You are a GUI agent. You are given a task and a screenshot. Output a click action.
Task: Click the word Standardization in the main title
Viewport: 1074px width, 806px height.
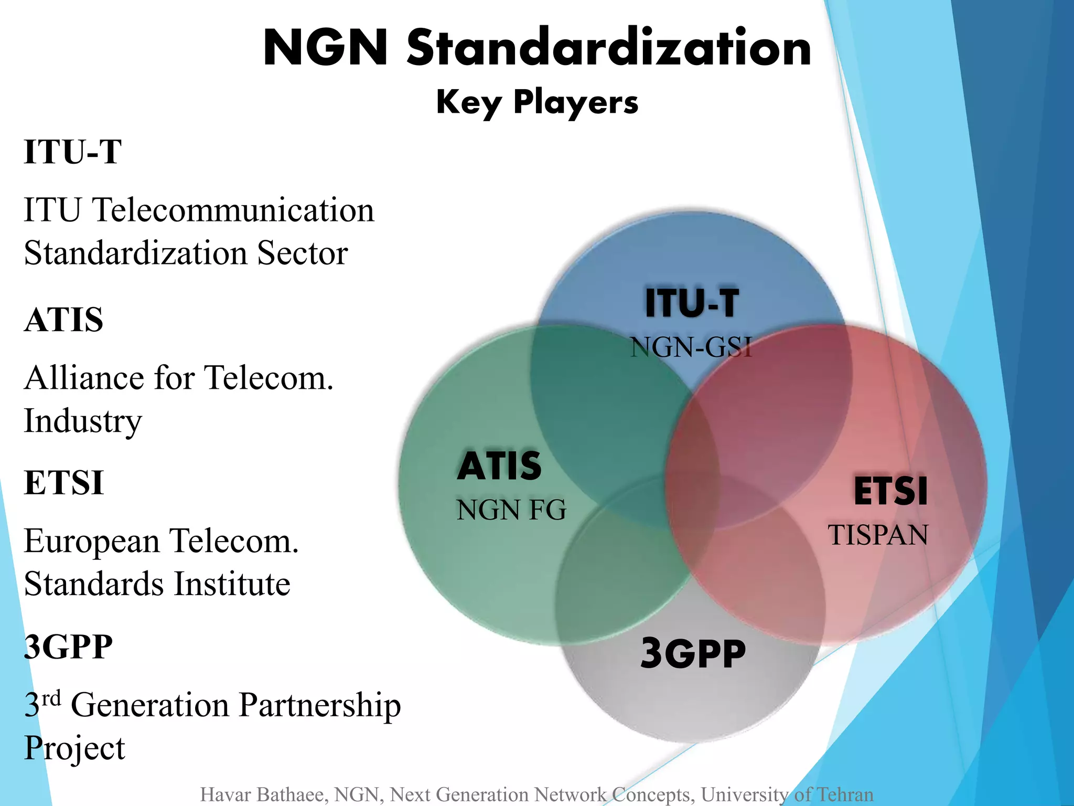click(609, 48)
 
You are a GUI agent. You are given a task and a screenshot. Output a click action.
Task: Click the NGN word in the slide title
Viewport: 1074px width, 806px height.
click(326, 48)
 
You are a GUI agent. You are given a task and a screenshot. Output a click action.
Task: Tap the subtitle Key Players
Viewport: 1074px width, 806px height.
click(537, 102)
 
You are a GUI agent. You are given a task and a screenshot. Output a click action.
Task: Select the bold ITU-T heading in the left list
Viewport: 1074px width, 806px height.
click(73, 152)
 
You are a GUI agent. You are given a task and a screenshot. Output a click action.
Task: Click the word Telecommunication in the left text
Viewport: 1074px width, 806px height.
click(233, 210)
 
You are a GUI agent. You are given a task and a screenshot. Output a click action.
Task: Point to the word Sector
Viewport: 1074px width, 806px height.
click(302, 253)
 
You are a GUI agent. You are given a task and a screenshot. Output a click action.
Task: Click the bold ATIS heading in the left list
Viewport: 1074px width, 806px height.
click(64, 320)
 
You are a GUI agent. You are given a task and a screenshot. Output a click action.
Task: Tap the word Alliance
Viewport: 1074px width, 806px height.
click(84, 378)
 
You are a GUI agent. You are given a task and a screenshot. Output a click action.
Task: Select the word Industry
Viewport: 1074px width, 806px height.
click(83, 421)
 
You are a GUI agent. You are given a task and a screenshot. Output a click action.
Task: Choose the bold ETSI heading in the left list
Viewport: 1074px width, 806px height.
click(64, 483)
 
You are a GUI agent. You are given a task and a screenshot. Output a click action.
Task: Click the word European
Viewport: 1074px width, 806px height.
click(92, 542)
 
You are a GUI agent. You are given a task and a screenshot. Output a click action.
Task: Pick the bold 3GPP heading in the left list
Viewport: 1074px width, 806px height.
click(68, 646)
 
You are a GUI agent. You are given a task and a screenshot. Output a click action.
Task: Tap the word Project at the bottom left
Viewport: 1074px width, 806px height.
click(74, 748)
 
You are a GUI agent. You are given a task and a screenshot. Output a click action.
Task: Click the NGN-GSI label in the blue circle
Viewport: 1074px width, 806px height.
click(691, 347)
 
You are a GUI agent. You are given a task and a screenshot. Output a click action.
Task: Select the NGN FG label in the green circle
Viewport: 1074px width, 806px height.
click(511, 510)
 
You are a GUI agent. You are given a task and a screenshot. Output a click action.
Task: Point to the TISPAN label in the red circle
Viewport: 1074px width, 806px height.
click(878, 535)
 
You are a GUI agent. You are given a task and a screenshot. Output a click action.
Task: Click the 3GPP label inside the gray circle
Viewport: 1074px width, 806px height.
click(693, 654)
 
